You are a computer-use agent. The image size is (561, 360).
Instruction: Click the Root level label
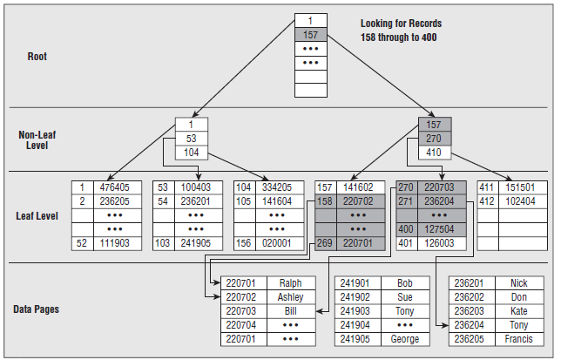(37, 57)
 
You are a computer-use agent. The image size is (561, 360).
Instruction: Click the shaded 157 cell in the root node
(310, 35)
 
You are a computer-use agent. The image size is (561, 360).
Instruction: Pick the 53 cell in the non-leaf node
(190, 139)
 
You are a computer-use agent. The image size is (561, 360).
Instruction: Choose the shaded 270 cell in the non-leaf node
(433, 139)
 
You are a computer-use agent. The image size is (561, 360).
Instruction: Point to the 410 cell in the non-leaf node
(433, 153)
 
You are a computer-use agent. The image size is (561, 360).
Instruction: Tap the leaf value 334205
(276, 187)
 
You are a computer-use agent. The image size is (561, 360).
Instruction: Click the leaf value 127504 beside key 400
(438, 229)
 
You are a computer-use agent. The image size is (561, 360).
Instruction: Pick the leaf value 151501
(519, 187)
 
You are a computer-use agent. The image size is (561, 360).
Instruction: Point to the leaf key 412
(487, 200)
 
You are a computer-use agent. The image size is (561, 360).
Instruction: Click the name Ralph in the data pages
(291, 282)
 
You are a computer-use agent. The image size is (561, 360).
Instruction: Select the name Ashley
(291, 296)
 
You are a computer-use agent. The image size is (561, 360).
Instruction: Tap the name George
(405, 339)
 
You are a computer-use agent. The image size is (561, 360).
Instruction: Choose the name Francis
(519, 339)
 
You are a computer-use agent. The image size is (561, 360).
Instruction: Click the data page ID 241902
(355, 296)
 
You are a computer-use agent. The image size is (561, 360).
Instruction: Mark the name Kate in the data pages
(519, 310)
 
